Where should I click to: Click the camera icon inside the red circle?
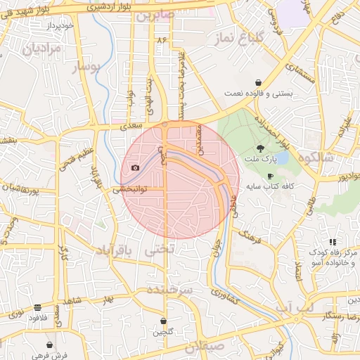click(135, 168)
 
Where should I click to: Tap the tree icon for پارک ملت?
click(261, 148)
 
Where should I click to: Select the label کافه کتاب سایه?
click(269, 188)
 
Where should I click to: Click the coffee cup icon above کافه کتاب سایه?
click(270, 176)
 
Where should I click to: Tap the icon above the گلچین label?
click(164, 321)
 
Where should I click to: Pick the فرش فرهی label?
click(49, 355)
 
